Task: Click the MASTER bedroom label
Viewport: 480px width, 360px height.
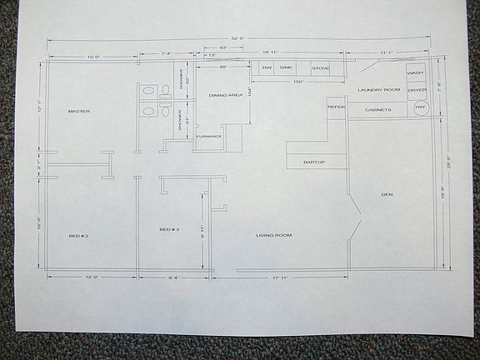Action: [79, 111]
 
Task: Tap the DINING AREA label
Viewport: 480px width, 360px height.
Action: [225, 96]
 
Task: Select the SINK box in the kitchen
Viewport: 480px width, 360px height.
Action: [286, 67]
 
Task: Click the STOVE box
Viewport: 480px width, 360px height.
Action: [321, 67]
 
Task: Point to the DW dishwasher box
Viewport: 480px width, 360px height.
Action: [267, 67]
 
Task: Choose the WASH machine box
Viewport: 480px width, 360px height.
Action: [415, 73]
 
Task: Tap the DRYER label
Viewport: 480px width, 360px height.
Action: [417, 89]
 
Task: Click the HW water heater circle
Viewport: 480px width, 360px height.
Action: [420, 107]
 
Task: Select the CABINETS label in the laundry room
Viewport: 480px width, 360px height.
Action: [374, 108]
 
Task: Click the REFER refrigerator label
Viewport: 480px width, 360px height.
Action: [336, 107]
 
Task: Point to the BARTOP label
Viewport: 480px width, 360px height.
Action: [314, 162]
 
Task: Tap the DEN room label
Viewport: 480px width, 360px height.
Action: [387, 195]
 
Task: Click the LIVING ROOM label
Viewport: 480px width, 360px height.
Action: [273, 235]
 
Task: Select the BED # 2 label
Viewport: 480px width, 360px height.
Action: [78, 236]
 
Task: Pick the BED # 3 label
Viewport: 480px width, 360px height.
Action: [169, 229]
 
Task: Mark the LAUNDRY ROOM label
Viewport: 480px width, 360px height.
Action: [379, 89]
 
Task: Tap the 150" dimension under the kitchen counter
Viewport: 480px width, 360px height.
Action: [297, 82]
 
